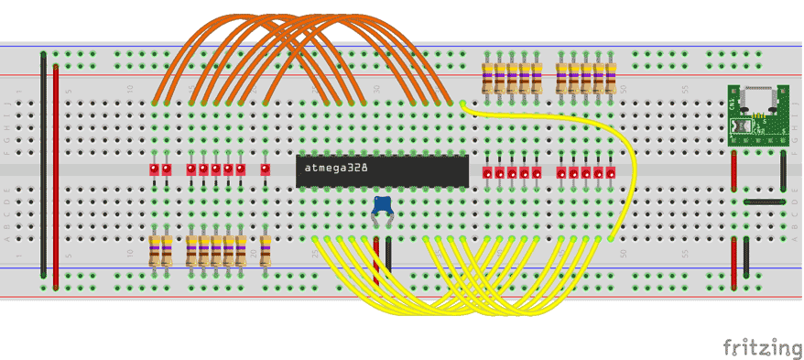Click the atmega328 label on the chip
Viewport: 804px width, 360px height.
pos(331,169)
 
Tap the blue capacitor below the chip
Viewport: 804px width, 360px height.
pos(382,206)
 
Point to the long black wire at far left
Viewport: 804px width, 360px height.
pos(43,165)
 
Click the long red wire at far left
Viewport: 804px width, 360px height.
pos(56,174)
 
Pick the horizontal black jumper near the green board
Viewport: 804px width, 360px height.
pos(764,201)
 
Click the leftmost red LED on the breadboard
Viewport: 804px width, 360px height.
pos(154,169)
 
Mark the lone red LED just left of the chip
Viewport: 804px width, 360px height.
pos(265,169)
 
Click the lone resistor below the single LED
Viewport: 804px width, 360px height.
pos(265,250)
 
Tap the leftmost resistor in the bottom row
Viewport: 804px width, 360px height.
pos(154,250)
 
